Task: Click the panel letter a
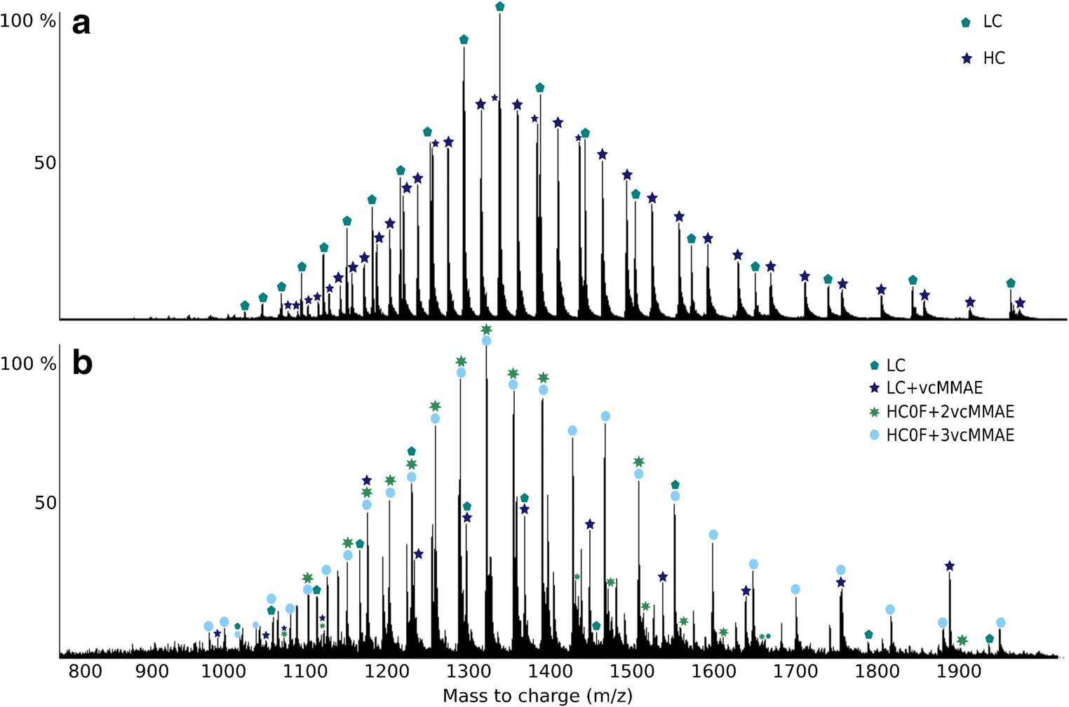click(82, 25)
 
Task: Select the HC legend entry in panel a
click(985, 58)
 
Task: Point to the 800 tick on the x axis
click(86, 672)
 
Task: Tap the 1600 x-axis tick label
click(713, 672)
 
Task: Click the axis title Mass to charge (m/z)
click(537, 695)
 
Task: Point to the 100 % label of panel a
click(28, 21)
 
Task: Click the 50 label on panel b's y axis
click(46, 503)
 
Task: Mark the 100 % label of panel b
click(28, 363)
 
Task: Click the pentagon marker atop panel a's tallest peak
click(500, 6)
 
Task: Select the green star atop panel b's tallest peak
click(486, 329)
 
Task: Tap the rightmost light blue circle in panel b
click(1001, 623)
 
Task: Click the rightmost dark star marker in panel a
click(1020, 303)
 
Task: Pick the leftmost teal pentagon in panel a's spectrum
click(245, 306)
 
